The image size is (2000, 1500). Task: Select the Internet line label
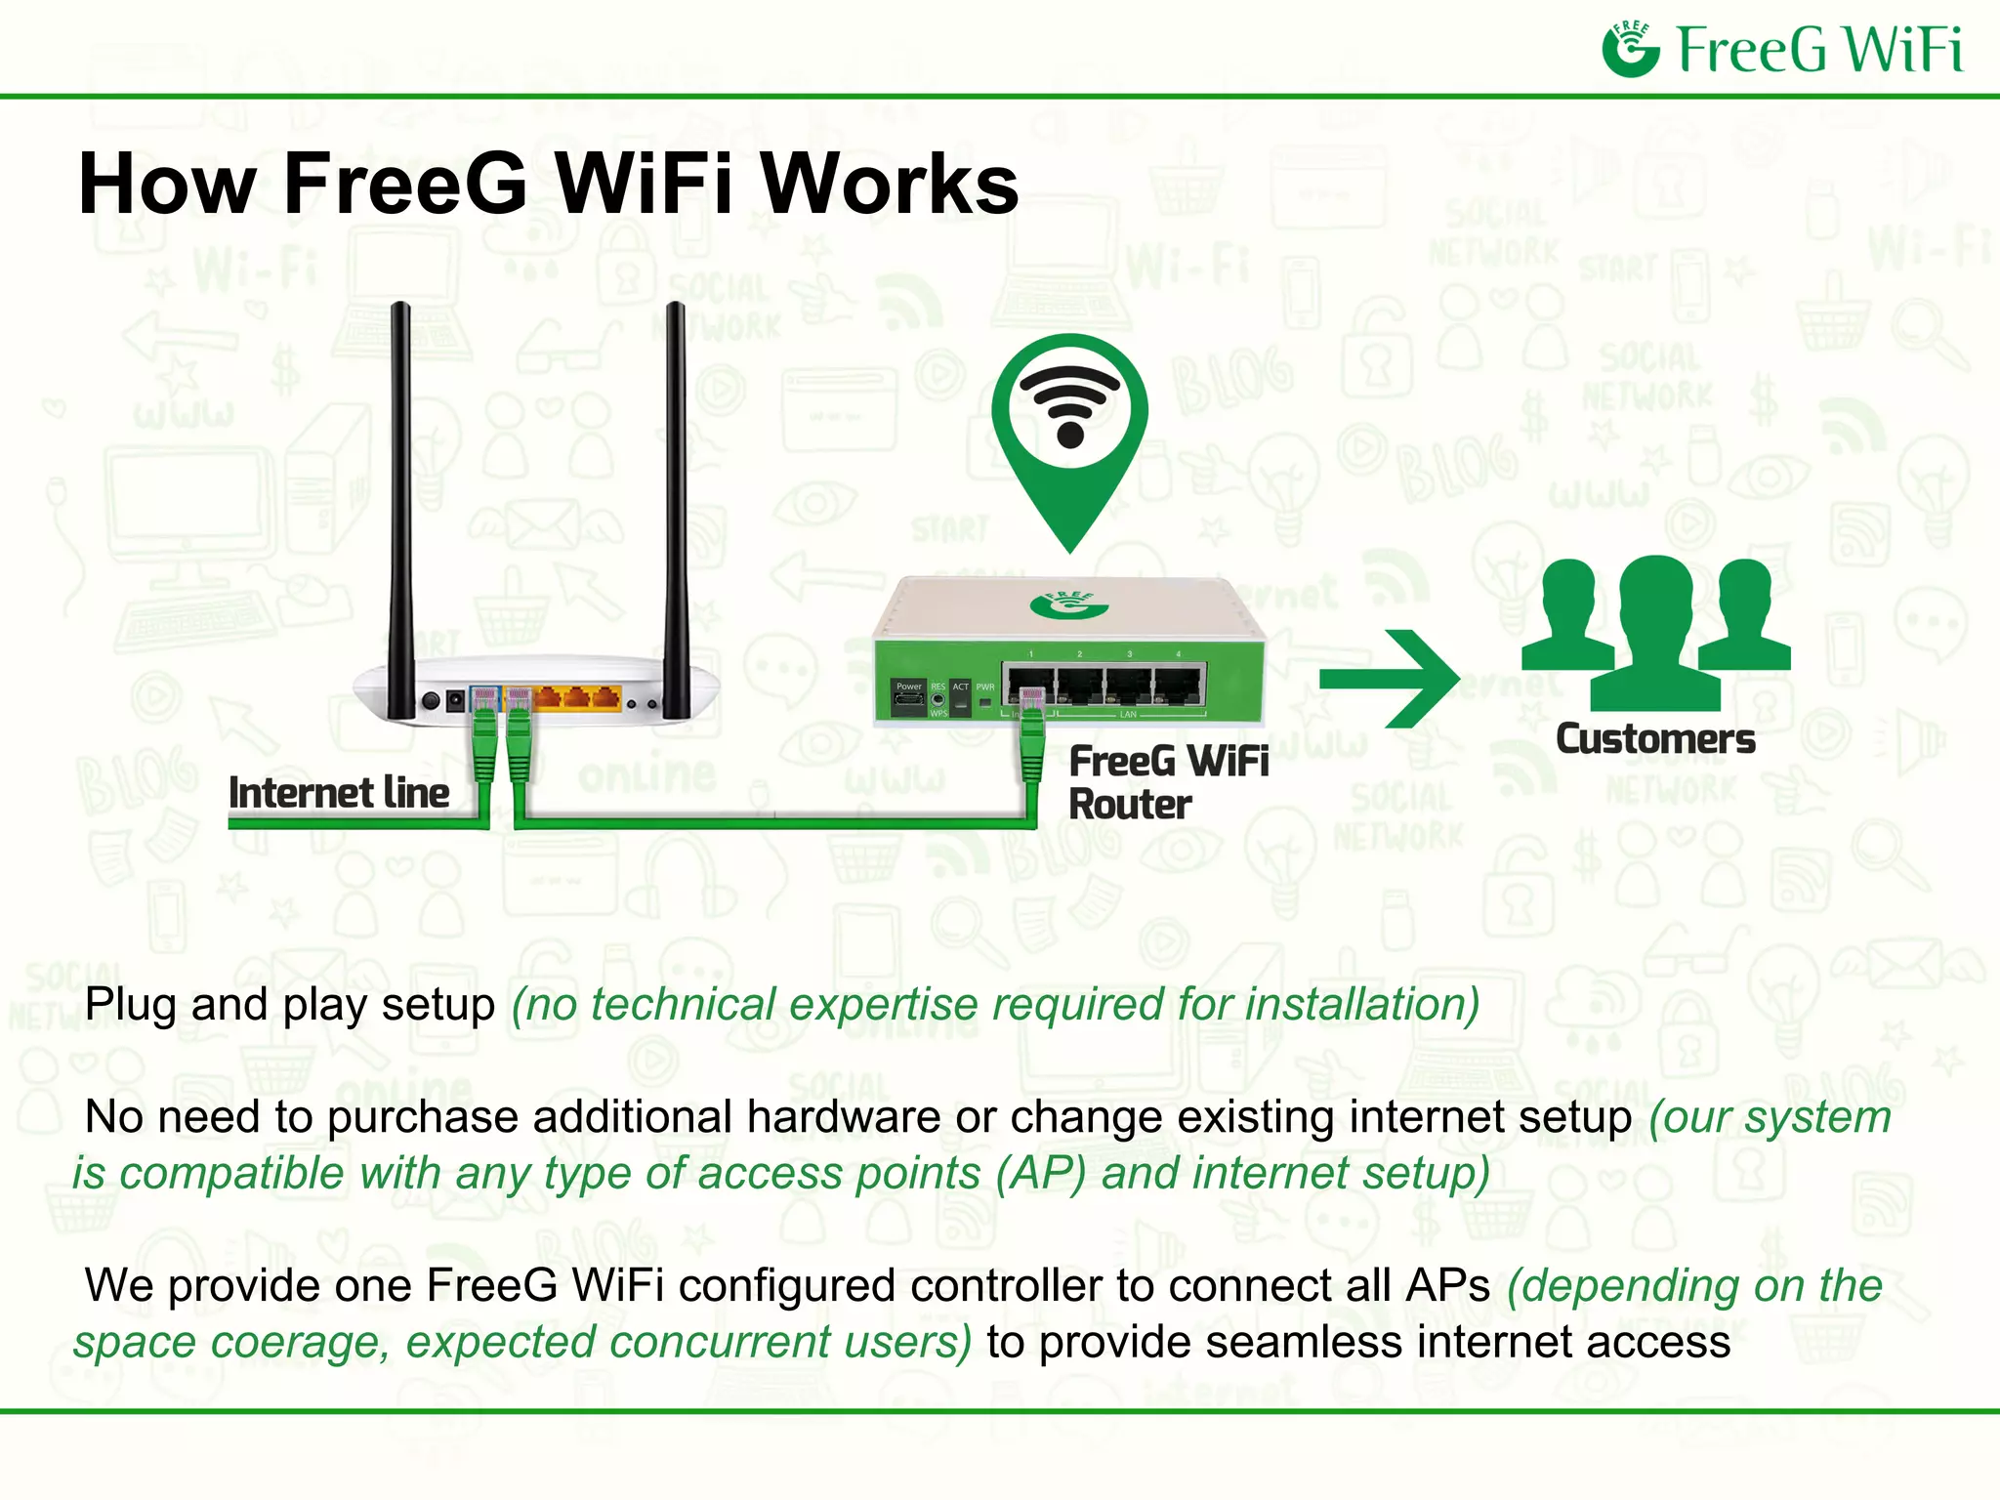(339, 793)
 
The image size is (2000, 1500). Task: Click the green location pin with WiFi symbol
(1069, 430)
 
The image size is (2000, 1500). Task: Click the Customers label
(1655, 739)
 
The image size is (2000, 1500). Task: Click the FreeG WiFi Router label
(1167, 782)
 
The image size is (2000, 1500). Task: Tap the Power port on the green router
(908, 697)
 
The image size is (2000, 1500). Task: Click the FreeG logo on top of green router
(1068, 604)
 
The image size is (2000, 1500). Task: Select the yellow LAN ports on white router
(577, 697)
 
